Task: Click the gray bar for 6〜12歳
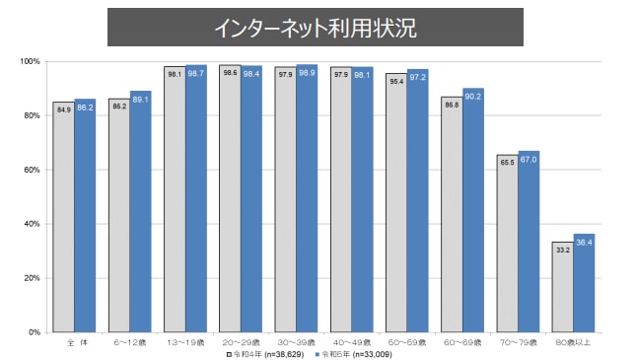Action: coord(119,217)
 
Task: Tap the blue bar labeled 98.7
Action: coord(195,197)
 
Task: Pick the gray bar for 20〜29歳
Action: coord(230,197)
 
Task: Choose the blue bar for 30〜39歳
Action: coord(307,197)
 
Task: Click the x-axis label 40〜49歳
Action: coord(351,341)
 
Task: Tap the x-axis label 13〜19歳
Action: coord(184,341)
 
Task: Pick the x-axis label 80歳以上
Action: coord(573,341)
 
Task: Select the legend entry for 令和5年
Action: coord(350,352)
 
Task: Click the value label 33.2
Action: coord(563,251)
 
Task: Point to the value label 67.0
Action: coord(529,158)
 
